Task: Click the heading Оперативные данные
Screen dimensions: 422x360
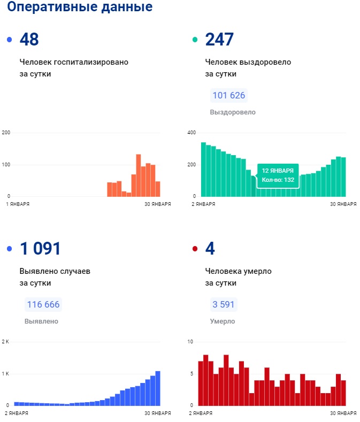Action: pos(80,7)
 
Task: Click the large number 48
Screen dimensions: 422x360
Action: pos(29,40)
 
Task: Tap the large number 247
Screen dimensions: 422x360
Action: pos(219,40)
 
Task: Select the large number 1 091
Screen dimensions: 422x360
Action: pos(40,249)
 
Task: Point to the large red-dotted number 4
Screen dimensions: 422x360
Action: pos(210,249)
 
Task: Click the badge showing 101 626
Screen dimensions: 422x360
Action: pos(228,96)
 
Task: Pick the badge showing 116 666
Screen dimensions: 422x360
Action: pos(43,305)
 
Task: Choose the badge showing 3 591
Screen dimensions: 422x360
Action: pos(224,305)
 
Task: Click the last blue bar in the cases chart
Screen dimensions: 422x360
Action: pos(158,388)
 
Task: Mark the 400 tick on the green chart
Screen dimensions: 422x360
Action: pos(192,133)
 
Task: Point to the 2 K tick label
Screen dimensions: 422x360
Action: pos(6,342)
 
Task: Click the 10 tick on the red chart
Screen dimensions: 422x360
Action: pos(190,342)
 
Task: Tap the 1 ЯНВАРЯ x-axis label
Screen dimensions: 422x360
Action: pos(17,204)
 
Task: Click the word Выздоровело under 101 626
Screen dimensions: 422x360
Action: pos(233,112)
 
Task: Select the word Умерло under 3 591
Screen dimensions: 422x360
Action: pos(222,321)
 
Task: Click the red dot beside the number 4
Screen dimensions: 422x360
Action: pos(195,249)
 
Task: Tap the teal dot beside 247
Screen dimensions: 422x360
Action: pos(195,40)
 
